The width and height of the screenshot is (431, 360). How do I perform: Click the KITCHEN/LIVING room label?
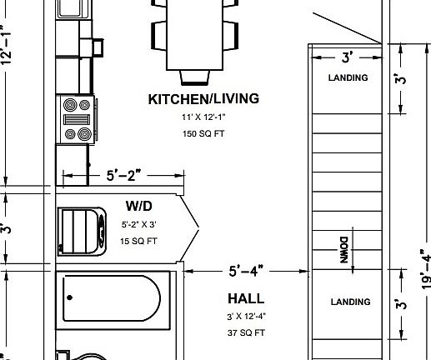pyautogui.click(x=203, y=99)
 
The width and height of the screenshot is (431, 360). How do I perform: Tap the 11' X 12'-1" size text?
pyautogui.click(x=203, y=118)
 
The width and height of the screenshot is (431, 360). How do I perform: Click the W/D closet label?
pyautogui.click(x=138, y=206)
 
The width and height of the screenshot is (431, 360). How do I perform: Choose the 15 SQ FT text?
pyautogui.click(x=139, y=242)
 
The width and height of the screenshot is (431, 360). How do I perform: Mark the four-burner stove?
pyautogui.click(x=78, y=119)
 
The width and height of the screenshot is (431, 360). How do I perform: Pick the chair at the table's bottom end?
pyautogui.click(x=194, y=77)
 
